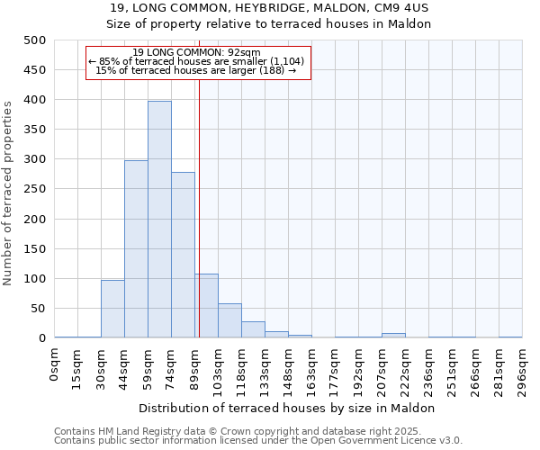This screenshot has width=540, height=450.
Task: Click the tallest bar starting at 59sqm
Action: [x=159, y=220]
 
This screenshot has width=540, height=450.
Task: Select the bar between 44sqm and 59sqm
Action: [x=136, y=249]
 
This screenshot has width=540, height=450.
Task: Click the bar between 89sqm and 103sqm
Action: [x=206, y=306]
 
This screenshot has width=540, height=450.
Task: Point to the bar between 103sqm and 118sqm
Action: [x=229, y=320]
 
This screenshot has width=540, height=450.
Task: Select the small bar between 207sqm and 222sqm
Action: [x=393, y=335]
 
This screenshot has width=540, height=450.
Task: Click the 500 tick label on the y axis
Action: [x=34, y=40]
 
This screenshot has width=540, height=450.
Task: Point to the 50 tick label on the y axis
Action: [x=38, y=309]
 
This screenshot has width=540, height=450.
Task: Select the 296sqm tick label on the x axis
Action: [x=523, y=371]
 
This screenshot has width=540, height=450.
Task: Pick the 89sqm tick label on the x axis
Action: [x=195, y=368]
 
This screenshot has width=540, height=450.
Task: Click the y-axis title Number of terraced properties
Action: [x=8, y=193]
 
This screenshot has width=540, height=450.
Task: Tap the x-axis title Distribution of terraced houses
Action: [x=288, y=408]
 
